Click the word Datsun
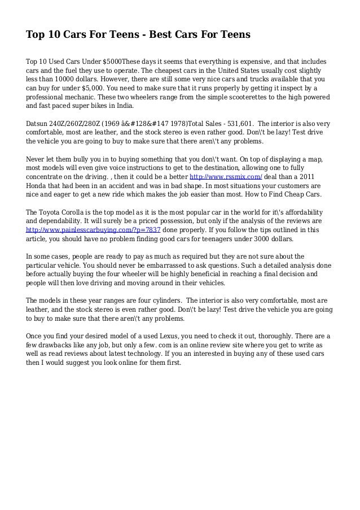click(39, 123)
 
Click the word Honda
click(38, 185)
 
